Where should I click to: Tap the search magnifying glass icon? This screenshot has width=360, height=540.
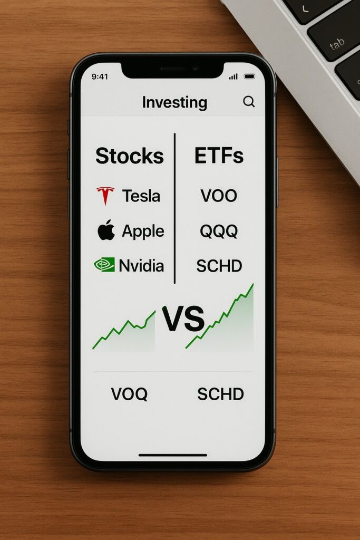point(249,102)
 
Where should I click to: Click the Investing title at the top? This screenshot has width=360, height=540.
point(174,103)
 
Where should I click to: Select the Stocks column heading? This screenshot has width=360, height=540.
point(130,156)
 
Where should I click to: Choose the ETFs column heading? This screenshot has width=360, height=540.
point(219,156)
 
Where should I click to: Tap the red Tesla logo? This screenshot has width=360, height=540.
point(105,196)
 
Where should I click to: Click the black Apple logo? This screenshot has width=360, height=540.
point(106,230)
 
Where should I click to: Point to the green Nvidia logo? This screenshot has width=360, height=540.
point(104,265)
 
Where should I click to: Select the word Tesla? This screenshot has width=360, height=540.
point(141,196)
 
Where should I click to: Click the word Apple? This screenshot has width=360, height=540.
point(143,232)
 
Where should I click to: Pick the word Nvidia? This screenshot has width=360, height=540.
point(141,266)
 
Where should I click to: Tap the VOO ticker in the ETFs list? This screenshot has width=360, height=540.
point(219,196)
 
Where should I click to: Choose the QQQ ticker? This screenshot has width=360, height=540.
point(219,231)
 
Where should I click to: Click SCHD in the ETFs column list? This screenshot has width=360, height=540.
point(219,266)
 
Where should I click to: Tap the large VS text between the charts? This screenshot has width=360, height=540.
point(183,319)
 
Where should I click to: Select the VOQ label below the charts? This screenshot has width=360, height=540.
point(129,394)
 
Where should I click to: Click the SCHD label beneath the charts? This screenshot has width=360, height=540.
point(221,394)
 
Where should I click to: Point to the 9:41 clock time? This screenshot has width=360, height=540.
point(100,76)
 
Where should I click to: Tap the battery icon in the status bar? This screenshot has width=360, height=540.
point(249,76)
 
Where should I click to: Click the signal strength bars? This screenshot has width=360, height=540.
point(233,76)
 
